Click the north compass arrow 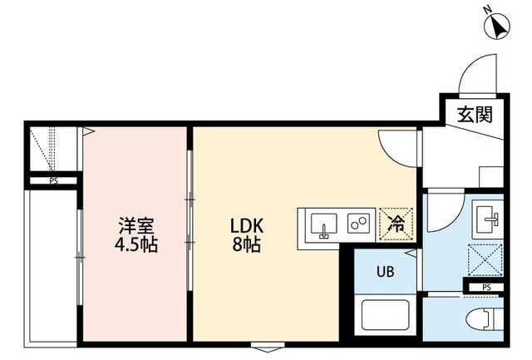tap(498, 27)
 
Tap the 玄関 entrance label tap(474, 114)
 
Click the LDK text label tap(247, 225)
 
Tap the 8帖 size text tap(247, 245)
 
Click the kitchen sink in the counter tap(323, 224)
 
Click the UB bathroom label tap(386, 272)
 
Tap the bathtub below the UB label tap(385, 317)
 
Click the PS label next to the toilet tap(485, 288)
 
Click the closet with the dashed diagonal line tap(52, 150)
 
